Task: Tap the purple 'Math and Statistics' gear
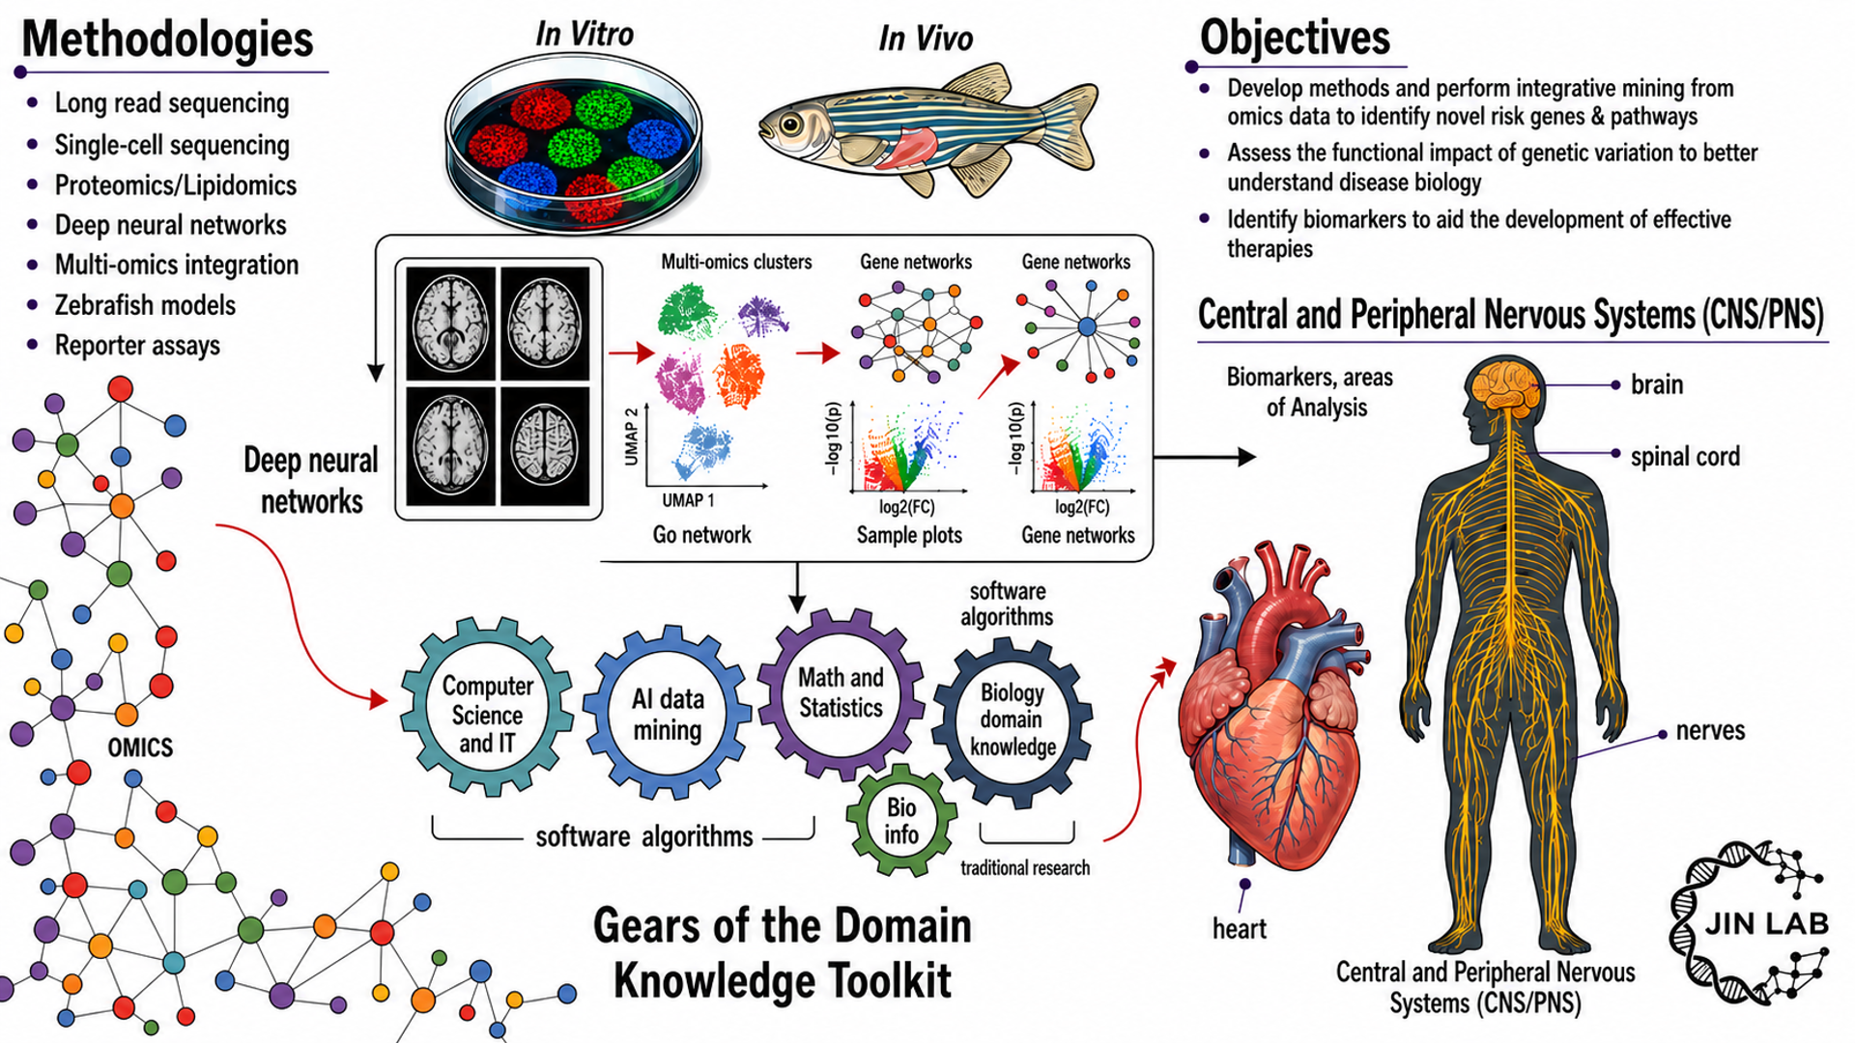pos(841,693)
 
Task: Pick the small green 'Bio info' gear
pos(901,820)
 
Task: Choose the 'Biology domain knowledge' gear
pos(1012,720)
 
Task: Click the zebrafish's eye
pos(791,125)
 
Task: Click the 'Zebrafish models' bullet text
pos(145,305)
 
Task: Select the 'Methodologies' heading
pos(167,40)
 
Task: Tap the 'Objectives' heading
pos(1295,38)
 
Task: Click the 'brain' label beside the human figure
pos(1657,384)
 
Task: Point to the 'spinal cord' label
pos(1685,456)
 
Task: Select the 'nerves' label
pos(1710,730)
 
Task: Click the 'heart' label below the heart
pos(1240,929)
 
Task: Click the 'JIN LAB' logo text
pos(1767,924)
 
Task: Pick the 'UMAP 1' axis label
pos(688,500)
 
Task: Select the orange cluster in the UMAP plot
pos(740,377)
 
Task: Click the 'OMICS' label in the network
pos(140,747)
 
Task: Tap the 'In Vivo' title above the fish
pos(925,39)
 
